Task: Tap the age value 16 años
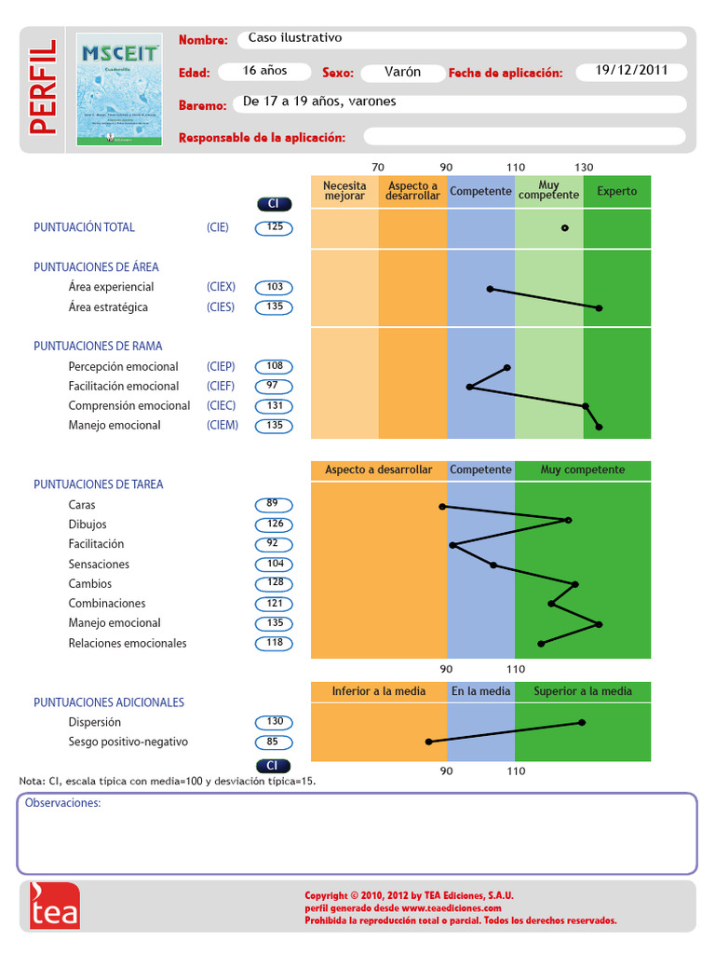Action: (265, 72)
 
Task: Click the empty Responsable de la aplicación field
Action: (525, 137)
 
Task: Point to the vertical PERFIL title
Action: (42, 88)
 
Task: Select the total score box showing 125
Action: (274, 227)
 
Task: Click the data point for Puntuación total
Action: (564, 227)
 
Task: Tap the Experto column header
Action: (617, 191)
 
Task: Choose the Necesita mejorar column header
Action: (344, 191)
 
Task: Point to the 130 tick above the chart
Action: (584, 167)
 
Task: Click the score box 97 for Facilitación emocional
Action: (274, 386)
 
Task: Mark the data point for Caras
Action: (442, 507)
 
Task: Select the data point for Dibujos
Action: (568, 520)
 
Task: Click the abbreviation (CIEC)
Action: (222, 405)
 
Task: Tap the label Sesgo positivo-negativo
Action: (128, 742)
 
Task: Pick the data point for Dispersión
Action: (582, 722)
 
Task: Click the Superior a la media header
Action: (582, 691)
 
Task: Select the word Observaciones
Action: (62, 803)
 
